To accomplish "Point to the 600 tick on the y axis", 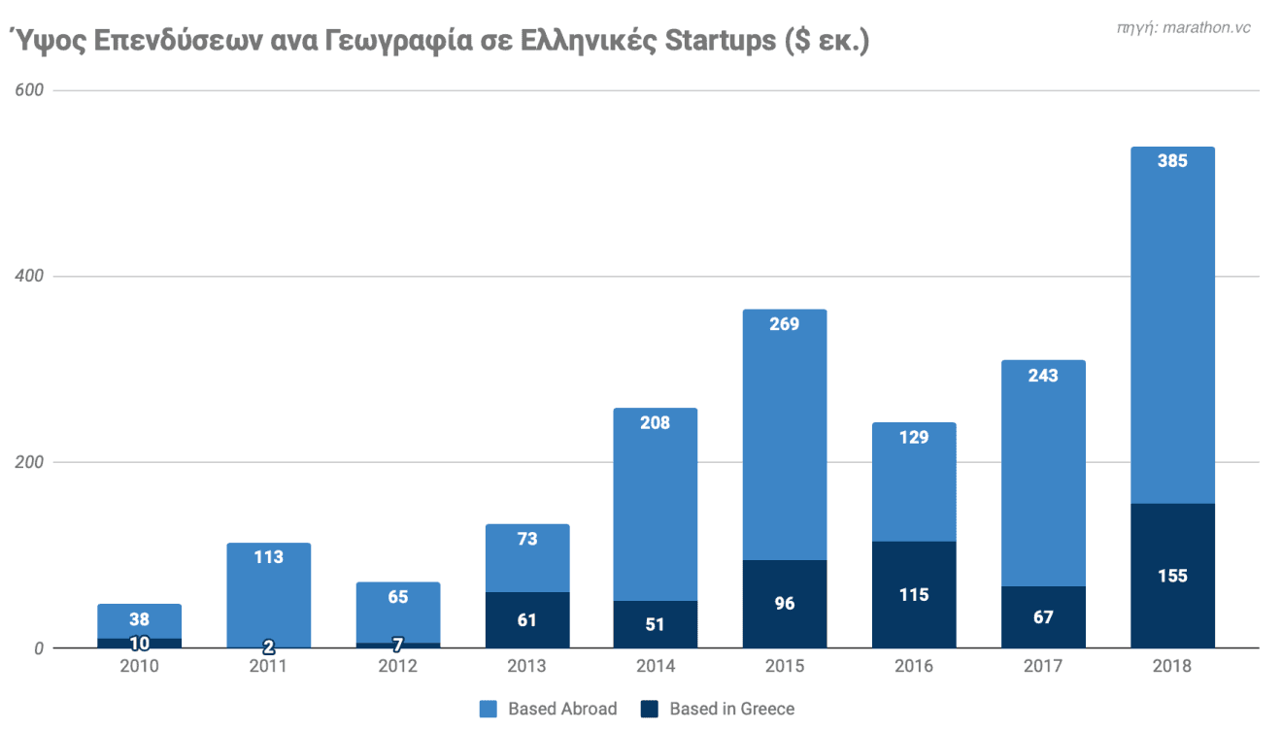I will tap(29, 90).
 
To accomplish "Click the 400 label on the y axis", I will tap(29, 276).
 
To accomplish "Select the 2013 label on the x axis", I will tap(526, 666).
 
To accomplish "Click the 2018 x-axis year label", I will tap(1172, 666).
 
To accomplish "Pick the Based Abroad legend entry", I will tap(550, 709).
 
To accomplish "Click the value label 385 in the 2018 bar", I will tap(1172, 161).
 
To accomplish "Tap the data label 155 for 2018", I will tap(1172, 576).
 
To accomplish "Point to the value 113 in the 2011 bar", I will tap(268, 557).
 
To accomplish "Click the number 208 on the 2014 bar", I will tap(656, 422).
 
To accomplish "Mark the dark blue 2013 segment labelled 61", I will tap(526, 619).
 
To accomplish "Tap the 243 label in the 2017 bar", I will tap(1043, 375).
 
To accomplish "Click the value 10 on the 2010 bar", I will tap(140, 643).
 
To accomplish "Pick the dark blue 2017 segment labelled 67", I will tap(1043, 617).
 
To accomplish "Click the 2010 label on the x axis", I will tap(140, 666).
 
